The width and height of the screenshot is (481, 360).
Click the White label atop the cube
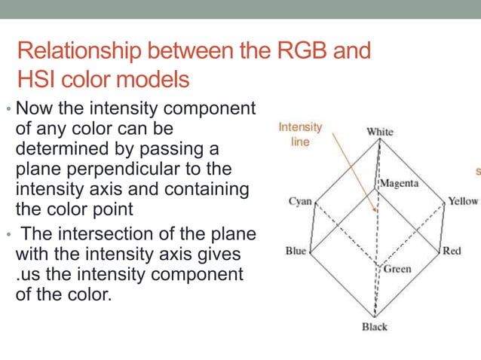click(x=379, y=132)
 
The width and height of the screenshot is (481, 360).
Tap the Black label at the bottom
click(x=374, y=327)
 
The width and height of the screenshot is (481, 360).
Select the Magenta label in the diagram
click(x=400, y=183)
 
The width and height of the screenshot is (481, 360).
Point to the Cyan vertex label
click(x=300, y=201)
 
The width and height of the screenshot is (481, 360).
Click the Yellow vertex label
click(x=463, y=201)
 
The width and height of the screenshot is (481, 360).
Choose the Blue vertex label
click(x=296, y=251)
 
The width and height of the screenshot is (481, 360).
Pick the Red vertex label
click(x=452, y=251)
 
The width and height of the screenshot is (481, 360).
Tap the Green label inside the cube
click(x=397, y=269)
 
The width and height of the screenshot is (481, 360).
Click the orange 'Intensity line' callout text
click(x=300, y=135)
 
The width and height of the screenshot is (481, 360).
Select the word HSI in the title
click(x=37, y=78)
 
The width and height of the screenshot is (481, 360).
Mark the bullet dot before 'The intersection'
click(x=9, y=234)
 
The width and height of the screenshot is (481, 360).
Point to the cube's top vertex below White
click(x=379, y=141)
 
